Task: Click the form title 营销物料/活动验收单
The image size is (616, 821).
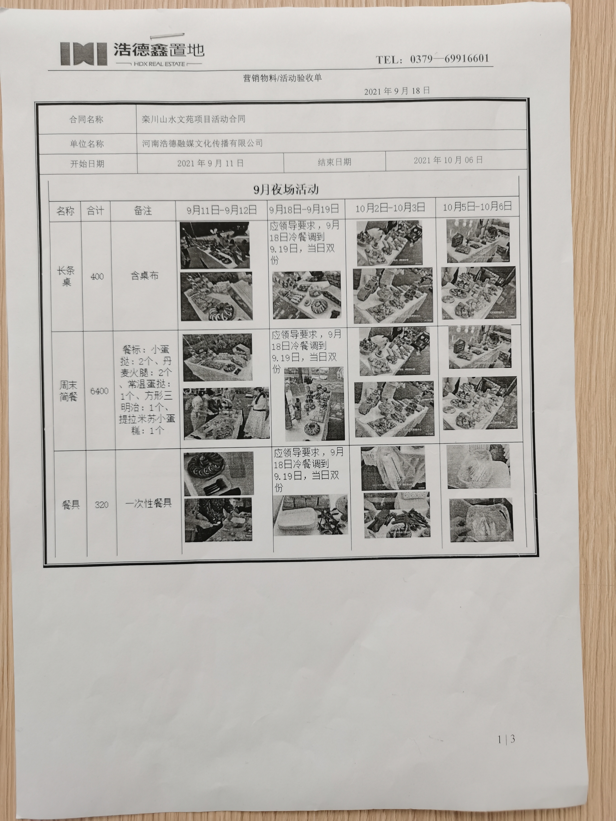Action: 282,78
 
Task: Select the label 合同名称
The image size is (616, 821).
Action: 86,120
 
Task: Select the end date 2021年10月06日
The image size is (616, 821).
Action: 448,160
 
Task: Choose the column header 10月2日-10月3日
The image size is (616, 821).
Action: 390,208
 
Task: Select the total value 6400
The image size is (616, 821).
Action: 99,391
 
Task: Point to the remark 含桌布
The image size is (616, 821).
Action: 145,276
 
